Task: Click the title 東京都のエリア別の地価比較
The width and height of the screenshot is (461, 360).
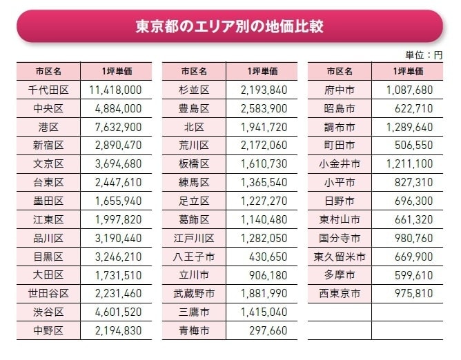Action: pyautogui.click(x=230, y=27)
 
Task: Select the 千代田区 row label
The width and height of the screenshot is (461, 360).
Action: pyautogui.click(x=49, y=90)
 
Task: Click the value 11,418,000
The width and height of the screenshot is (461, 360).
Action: pyautogui.click(x=115, y=90)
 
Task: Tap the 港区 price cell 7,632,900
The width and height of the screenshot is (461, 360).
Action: pyautogui.click(x=116, y=127)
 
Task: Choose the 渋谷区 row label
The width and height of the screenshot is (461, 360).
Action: pyautogui.click(x=49, y=312)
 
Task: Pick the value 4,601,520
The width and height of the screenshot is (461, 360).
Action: pyautogui.click(x=116, y=312)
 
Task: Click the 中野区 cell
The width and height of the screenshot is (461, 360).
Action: pyautogui.click(x=49, y=331)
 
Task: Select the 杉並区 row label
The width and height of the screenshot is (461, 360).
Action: pyautogui.click(x=194, y=90)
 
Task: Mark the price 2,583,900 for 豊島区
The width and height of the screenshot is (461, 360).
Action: pyautogui.click(x=264, y=109)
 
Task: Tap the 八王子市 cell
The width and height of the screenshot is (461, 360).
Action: pyautogui.click(x=194, y=257)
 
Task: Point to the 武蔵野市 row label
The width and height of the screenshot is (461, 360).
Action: pyautogui.click(x=194, y=294)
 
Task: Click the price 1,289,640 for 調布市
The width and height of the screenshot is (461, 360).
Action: pyautogui.click(x=409, y=127)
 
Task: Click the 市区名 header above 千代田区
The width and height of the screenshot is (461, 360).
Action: pyautogui.click(x=49, y=71)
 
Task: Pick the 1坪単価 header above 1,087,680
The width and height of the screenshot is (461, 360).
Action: pyautogui.click(x=409, y=71)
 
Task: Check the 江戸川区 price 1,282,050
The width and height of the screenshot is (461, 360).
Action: pyautogui.click(x=264, y=238)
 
